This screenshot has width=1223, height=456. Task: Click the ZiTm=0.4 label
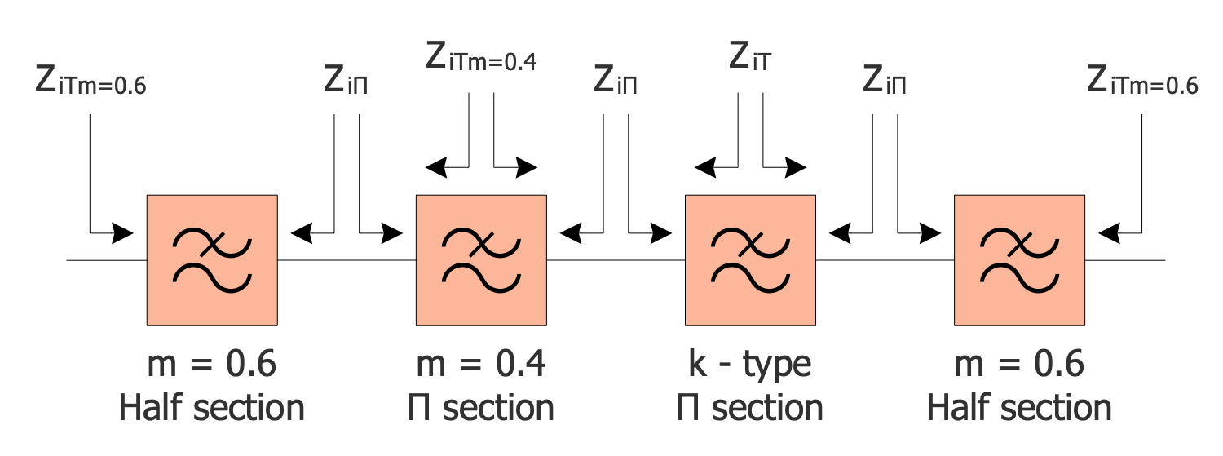pos(481,58)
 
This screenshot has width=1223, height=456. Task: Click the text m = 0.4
pos(481,364)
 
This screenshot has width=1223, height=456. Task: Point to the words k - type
pos(749,365)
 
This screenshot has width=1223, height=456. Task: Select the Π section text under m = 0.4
pos(481,407)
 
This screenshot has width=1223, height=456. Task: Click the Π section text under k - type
pos(749,407)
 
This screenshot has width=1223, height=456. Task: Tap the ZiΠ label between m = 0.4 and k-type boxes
pos(615,82)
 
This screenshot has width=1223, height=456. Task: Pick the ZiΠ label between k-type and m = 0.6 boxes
pos(885,82)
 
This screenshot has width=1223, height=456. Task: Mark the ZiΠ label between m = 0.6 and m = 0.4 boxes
pos(346,82)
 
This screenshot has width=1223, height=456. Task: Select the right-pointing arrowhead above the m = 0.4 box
pos(528,169)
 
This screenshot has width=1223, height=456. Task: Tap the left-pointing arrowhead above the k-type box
pos(705,169)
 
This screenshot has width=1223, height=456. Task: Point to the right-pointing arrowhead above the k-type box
pos(796,169)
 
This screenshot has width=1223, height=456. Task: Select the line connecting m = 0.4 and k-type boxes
pos(616,260)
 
